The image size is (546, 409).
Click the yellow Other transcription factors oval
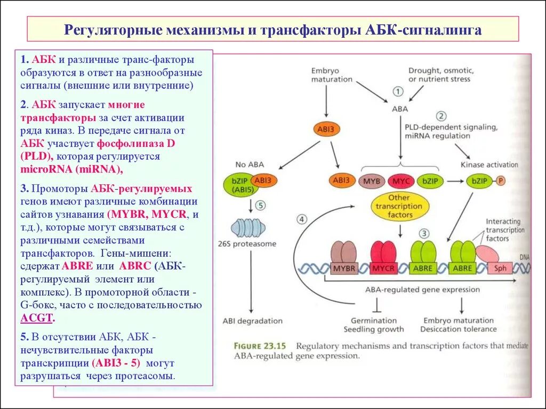400,207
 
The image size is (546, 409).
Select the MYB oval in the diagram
371,182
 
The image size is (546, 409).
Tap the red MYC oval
400,182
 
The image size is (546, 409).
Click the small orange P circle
501,181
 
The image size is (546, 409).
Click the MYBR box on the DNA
345,268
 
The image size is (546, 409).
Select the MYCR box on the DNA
383,268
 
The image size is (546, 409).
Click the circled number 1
398,92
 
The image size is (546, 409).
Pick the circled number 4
302,219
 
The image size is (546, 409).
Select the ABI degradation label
252,321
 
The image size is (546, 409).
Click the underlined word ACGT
37,318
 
